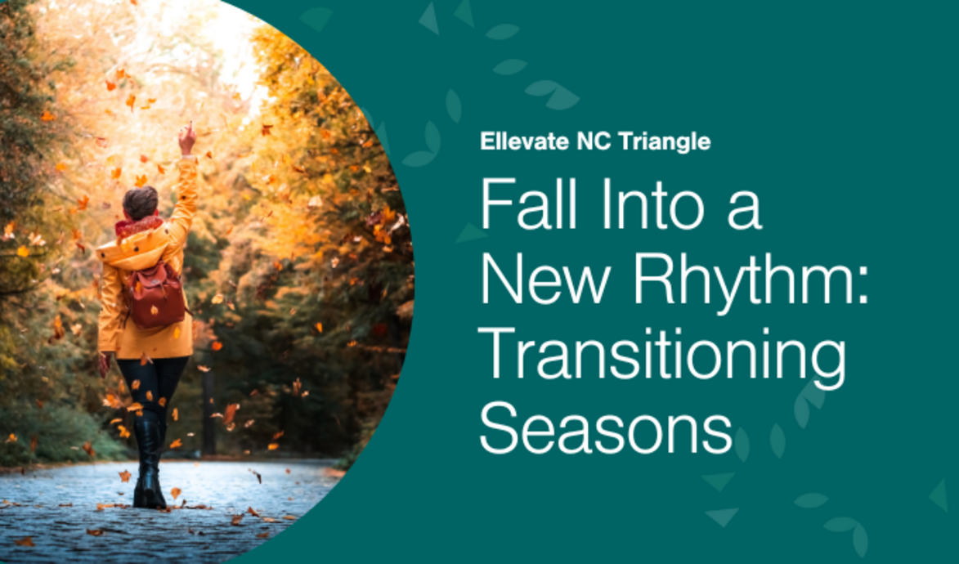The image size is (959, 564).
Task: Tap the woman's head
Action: click(x=140, y=202)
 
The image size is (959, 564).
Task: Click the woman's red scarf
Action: click(x=139, y=224)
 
